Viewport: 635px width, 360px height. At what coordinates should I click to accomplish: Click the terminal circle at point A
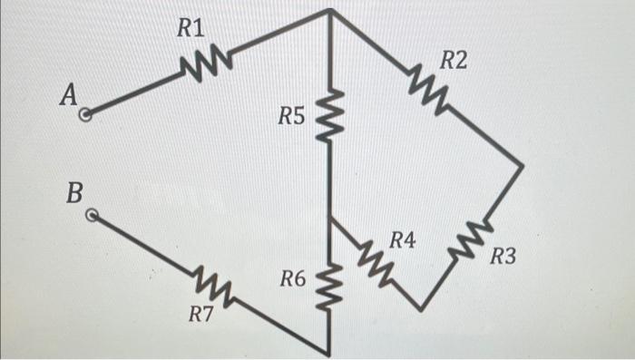click(x=86, y=115)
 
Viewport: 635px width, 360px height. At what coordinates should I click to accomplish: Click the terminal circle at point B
click(x=91, y=216)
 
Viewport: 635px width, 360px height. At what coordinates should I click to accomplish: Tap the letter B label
click(x=75, y=193)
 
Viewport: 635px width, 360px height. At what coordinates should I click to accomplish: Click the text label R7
click(x=201, y=315)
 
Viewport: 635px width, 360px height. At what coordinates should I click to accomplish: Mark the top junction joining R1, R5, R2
click(x=327, y=12)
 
